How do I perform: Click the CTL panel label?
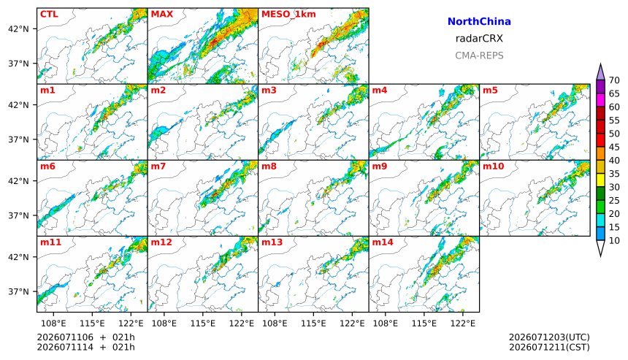point(49,14)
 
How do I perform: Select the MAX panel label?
point(162,14)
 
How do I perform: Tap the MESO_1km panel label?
point(288,15)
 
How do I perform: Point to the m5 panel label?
point(490,90)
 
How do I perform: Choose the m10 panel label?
point(493,166)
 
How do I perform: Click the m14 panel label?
point(383,242)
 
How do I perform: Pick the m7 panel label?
point(158,166)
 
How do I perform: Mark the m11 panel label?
point(50,242)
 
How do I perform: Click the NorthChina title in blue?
point(479,22)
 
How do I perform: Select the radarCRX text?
point(479,39)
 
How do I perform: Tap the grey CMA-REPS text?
point(479,55)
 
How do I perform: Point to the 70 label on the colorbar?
point(614,80)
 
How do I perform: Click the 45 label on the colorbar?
point(614,147)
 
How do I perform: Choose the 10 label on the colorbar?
point(614,241)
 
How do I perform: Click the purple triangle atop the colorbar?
point(600,72)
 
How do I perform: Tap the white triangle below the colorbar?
point(600,248)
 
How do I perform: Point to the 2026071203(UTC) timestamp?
point(549,337)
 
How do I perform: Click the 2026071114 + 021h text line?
point(85,347)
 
